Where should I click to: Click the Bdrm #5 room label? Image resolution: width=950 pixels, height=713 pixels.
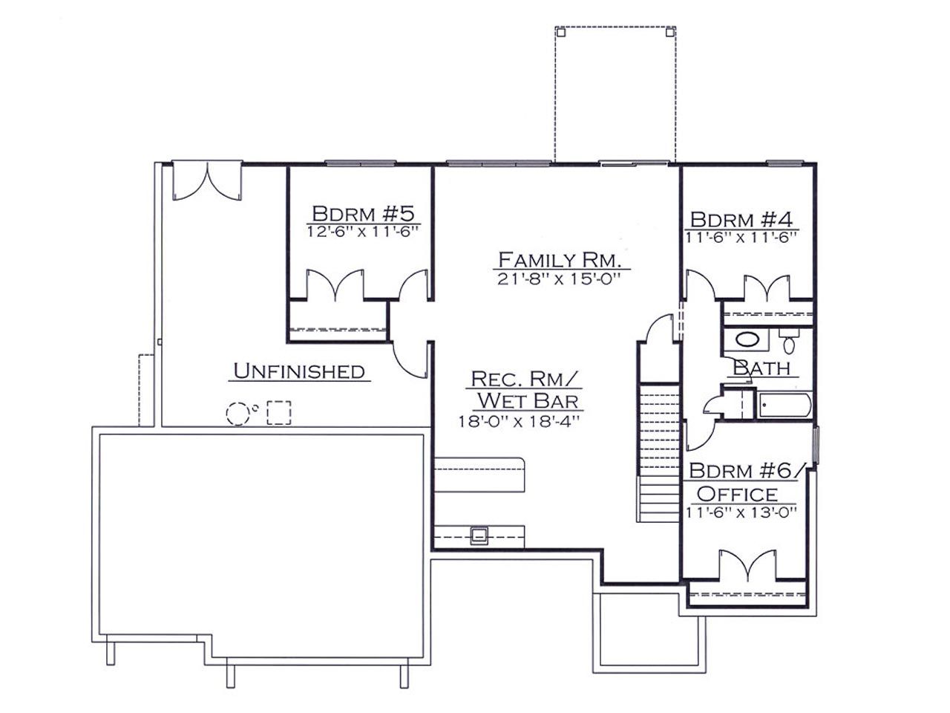coord(363,214)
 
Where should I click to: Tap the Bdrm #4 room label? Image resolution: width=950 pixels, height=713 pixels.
coord(741,220)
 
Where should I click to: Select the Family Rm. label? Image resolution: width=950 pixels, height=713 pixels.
coord(560,260)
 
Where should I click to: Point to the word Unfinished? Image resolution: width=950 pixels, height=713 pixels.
coord(299,371)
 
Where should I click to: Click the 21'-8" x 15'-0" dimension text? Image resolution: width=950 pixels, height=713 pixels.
coord(559,279)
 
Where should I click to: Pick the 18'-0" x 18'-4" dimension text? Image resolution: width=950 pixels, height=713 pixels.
coord(519,421)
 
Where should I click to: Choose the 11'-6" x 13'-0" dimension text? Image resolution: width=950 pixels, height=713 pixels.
coord(741,512)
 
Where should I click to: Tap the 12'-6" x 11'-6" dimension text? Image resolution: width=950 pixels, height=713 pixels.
coord(363,232)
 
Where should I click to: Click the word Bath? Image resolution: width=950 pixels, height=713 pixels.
coord(761,368)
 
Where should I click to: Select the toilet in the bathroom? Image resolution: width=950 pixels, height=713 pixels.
coord(789,342)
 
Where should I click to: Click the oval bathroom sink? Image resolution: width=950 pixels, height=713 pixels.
coord(747,339)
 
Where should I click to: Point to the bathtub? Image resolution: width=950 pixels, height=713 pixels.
coord(783,406)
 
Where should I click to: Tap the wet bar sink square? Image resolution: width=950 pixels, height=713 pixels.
coord(479,535)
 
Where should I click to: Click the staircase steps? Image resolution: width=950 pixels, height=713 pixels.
coord(659,453)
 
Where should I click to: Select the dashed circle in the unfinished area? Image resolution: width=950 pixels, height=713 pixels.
coord(237,414)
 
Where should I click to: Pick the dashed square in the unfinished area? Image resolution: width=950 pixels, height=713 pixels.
coord(279,412)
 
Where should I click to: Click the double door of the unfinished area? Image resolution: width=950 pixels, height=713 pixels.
coord(207,182)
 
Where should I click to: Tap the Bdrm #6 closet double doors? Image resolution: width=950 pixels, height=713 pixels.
coord(747,565)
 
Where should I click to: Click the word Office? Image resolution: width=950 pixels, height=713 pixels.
coord(737,494)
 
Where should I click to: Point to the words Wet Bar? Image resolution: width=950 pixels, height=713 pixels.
coord(528,401)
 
